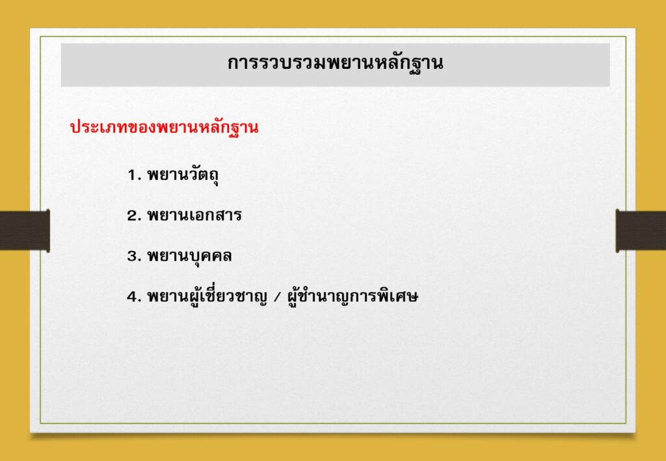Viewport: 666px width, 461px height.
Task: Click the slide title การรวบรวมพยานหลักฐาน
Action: click(335, 64)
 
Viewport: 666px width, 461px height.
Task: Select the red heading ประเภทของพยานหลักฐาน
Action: click(165, 128)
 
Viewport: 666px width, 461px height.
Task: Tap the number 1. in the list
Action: click(134, 175)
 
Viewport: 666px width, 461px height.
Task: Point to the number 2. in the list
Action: click(134, 216)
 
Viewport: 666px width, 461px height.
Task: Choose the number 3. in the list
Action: click(134, 256)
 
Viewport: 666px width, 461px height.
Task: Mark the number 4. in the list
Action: click(134, 297)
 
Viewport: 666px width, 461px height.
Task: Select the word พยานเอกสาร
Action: click(194, 216)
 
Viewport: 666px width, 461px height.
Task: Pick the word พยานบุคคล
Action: click(189, 257)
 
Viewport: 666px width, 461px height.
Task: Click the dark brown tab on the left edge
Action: click(25, 230)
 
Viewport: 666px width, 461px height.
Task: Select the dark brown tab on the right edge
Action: click(641, 230)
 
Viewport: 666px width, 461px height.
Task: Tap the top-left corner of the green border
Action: click(40, 37)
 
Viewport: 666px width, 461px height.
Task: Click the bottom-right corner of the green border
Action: click(626, 423)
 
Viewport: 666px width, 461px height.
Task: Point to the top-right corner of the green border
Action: click(626, 37)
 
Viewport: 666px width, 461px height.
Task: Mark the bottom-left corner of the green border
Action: click(40, 423)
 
